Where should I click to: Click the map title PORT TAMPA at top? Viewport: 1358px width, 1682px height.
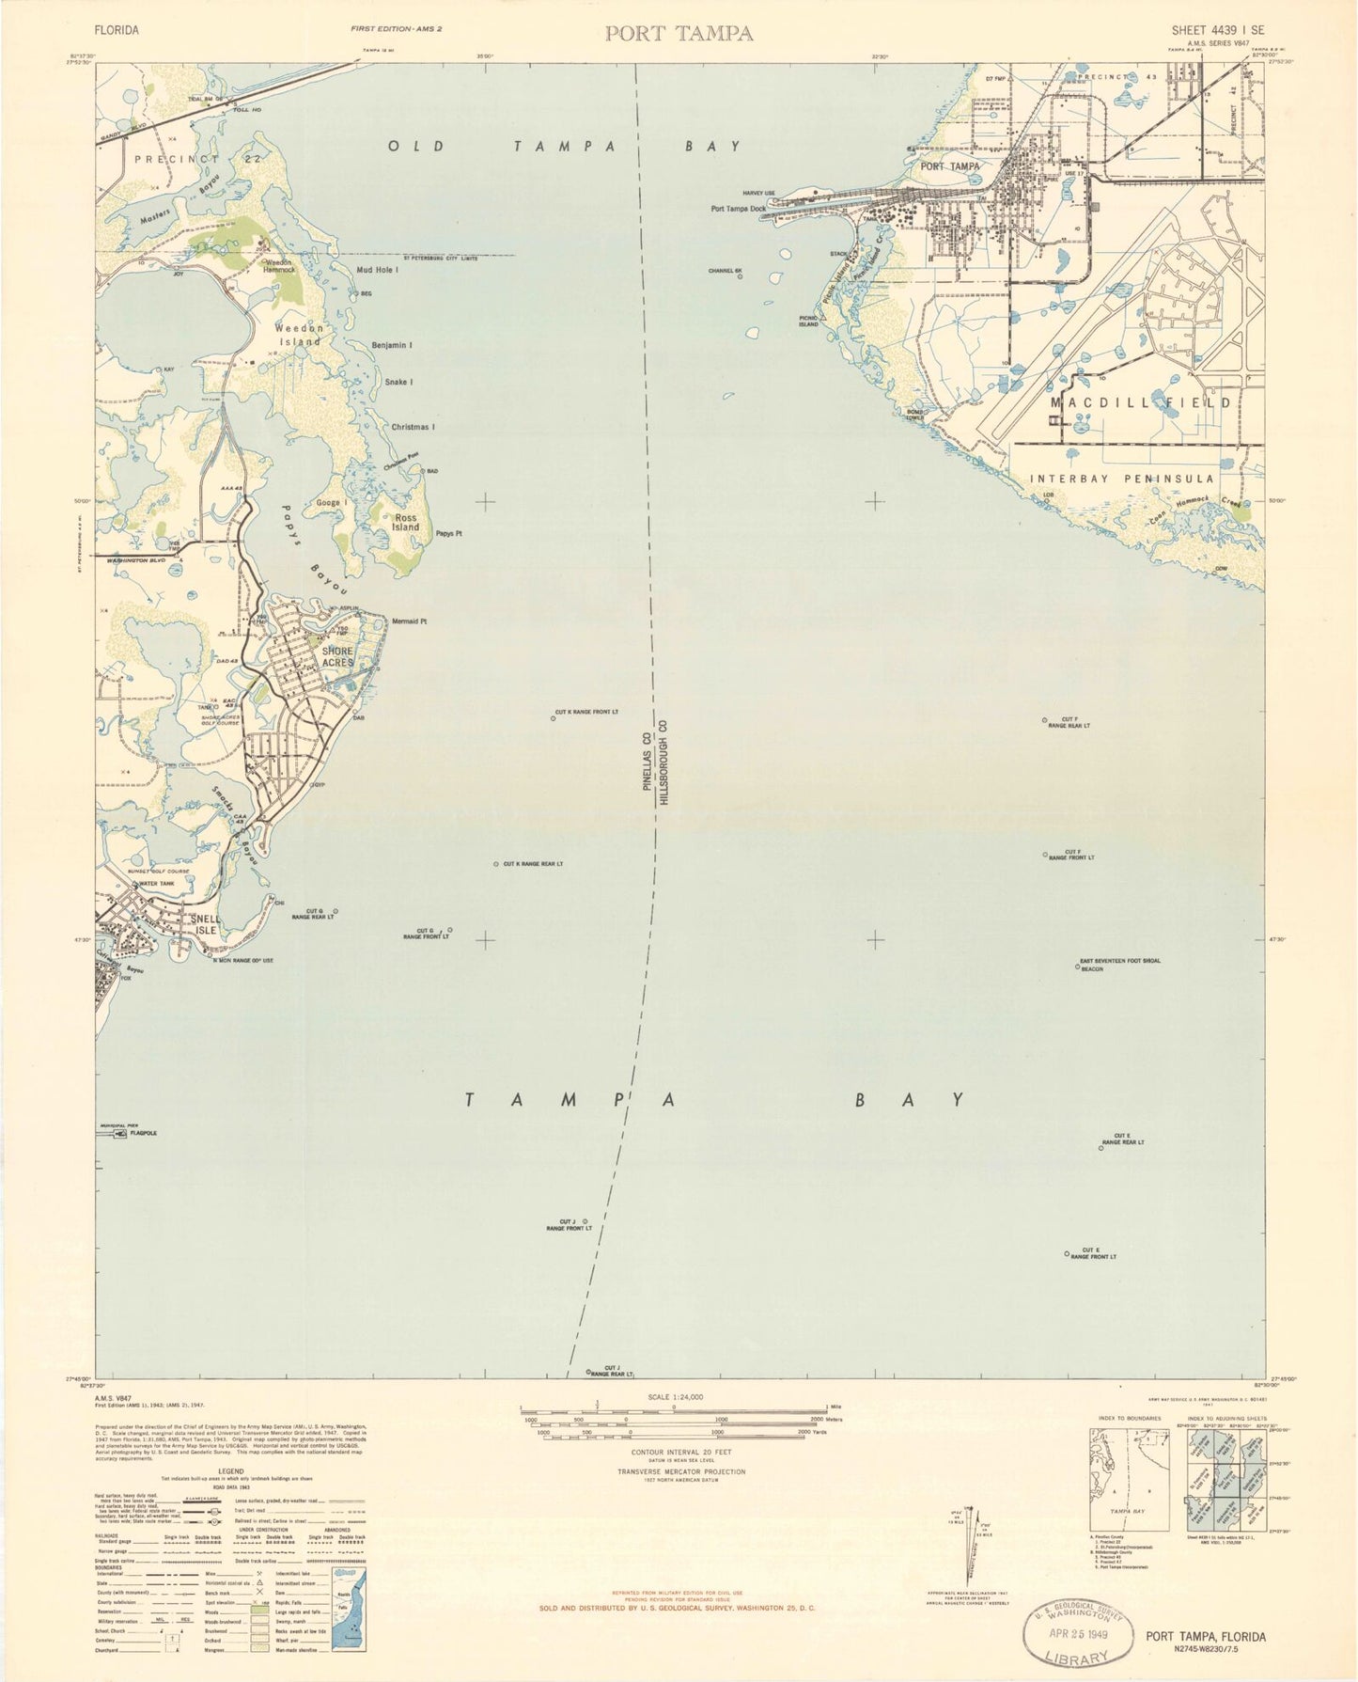point(679,34)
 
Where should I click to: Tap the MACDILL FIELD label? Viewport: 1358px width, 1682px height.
point(1140,402)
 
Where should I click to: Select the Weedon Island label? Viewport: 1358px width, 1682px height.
point(300,335)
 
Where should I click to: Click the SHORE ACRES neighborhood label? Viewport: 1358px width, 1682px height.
point(337,656)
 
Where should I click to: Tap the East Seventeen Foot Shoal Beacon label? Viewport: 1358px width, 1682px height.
point(1120,965)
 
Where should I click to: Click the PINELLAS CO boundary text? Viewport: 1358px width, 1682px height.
point(647,762)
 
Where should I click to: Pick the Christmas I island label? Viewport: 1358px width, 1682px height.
point(413,427)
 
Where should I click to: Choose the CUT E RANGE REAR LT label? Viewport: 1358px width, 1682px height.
point(1122,1140)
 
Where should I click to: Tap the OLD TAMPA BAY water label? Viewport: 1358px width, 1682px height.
point(566,147)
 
